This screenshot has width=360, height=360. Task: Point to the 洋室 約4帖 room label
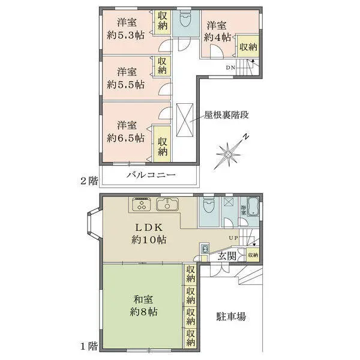coord(217,31)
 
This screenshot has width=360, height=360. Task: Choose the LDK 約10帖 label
coord(149,233)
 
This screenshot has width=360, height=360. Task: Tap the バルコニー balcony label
coord(151,175)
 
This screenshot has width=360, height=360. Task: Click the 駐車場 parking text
coord(231,316)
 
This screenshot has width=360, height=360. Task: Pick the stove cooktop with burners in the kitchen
coord(142,205)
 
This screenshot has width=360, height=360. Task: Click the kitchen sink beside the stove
coord(166,205)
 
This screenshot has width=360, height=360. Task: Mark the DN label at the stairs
coord(230,67)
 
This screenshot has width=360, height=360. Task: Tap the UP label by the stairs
coord(232,239)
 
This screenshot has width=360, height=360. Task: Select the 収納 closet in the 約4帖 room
coord(248,47)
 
